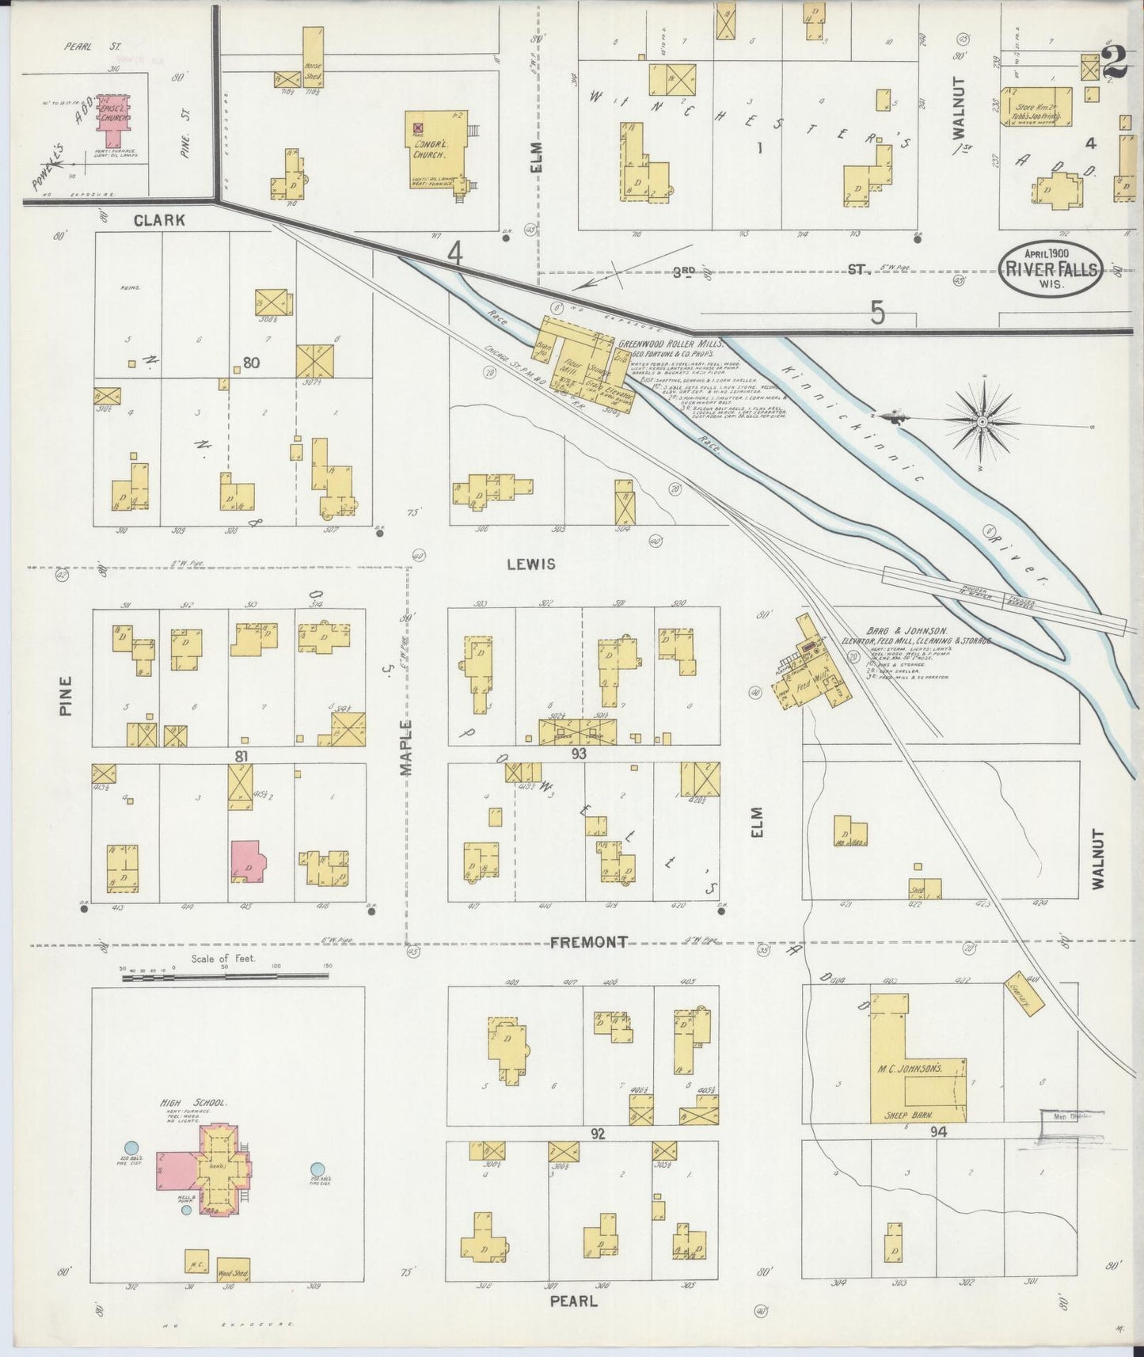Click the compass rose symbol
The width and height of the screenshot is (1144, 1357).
click(x=982, y=421)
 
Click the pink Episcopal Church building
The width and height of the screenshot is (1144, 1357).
click(x=116, y=114)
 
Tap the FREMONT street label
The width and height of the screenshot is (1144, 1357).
click(x=588, y=942)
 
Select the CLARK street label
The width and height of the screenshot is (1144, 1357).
click(x=159, y=221)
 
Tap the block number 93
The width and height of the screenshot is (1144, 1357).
click(x=579, y=754)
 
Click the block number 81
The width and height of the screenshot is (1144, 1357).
click(x=241, y=756)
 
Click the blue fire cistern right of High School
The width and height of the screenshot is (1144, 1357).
click(x=317, y=1169)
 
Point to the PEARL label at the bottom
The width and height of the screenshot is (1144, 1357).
click(x=570, y=1301)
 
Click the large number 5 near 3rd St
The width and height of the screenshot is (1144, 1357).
click(x=877, y=314)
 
